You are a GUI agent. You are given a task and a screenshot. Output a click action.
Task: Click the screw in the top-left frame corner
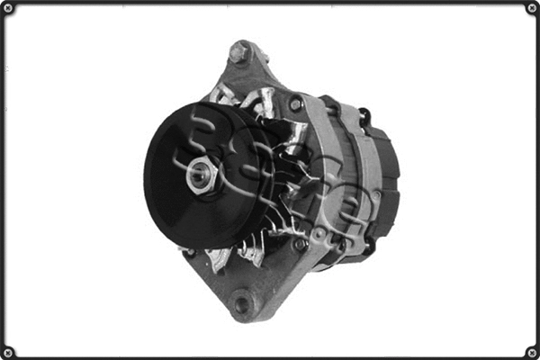coord(7,7)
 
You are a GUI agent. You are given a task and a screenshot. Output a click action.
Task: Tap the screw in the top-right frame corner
coord(532,7)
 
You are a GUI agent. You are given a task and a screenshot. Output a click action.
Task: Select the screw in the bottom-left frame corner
coord(7,352)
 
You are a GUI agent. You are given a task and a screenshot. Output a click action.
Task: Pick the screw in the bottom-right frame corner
coord(532,352)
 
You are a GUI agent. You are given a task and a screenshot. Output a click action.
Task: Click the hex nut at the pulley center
coord(199,175)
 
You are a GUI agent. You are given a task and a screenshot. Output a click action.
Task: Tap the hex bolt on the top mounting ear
coord(238,54)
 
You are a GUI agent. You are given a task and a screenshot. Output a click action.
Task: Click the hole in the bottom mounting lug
coord(241,303)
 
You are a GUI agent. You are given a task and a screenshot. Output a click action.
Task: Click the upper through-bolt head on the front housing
coord(296,104)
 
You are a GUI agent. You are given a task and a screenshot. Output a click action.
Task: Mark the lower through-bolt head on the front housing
coord(301,244)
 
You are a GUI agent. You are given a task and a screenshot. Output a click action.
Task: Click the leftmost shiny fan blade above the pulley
coord(219,94)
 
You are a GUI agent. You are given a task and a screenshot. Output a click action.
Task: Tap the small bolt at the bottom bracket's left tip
coord(188,253)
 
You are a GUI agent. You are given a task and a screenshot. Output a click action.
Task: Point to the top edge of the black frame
coord(270,3)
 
